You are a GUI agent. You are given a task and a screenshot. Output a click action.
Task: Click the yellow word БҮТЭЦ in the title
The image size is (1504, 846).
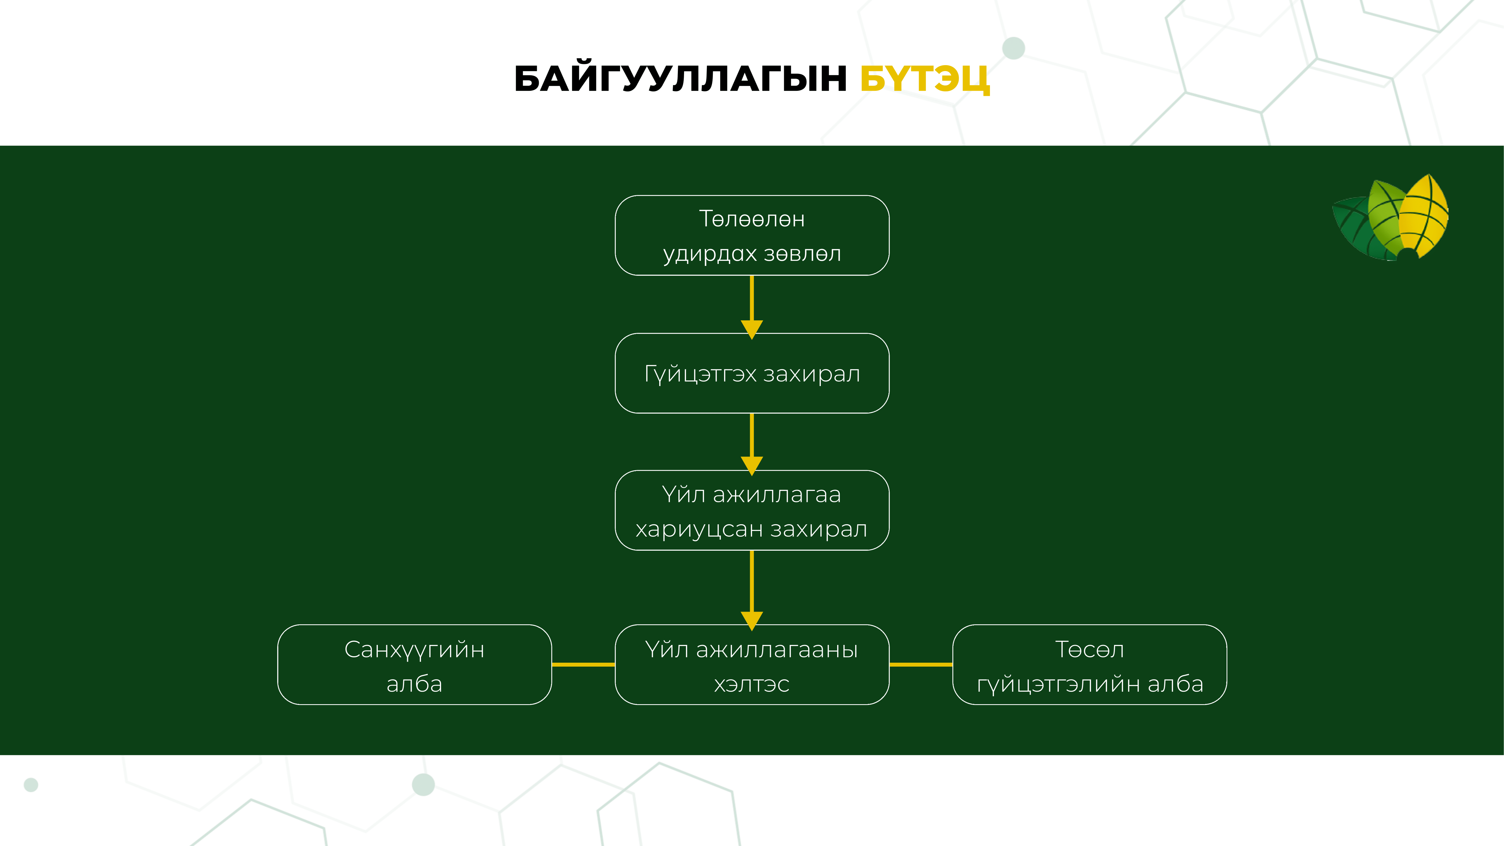point(925,79)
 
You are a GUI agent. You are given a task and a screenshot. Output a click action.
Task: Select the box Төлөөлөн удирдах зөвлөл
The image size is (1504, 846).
point(752,235)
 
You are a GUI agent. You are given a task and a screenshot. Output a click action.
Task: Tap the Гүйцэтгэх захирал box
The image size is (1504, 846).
point(752,373)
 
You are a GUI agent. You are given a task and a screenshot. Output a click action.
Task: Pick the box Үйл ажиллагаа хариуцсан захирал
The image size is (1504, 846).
point(752,510)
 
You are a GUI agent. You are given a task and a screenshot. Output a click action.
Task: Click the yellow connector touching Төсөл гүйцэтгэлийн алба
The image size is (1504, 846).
point(921,664)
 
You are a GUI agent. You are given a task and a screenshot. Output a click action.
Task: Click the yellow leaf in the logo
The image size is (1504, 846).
point(1424,216)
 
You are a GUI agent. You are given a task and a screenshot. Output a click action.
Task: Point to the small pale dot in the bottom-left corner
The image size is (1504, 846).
point(31,785)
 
